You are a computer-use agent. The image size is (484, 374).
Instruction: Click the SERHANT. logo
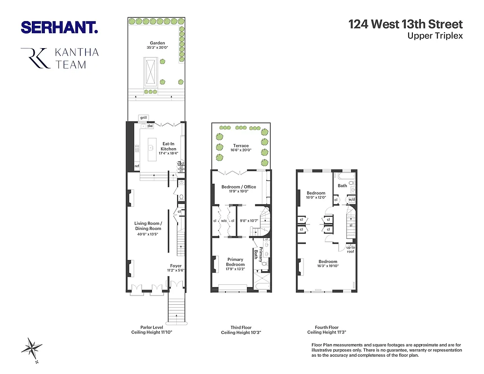tap(59, 27)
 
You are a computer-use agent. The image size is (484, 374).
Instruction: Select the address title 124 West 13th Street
tap(405, 24)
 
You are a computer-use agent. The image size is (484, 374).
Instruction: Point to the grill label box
tap(143, 117)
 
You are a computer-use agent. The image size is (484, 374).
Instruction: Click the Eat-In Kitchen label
tap(168, 146)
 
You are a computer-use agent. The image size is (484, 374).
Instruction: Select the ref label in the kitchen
tap(137, 166)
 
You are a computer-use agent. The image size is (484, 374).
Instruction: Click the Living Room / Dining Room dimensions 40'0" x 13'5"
tap(148, 234)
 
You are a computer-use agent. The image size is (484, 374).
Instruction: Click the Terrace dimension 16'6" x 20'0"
tap(240, 151)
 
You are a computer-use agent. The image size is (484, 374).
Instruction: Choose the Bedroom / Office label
tap(238, 187)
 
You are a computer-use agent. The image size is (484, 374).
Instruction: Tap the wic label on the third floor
tap(224, 221)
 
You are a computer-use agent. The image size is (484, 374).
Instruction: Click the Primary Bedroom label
tap(235, 262)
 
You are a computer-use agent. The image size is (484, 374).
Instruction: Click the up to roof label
tap(350, 249)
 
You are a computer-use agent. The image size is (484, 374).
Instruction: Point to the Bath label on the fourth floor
tap(342, 186)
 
